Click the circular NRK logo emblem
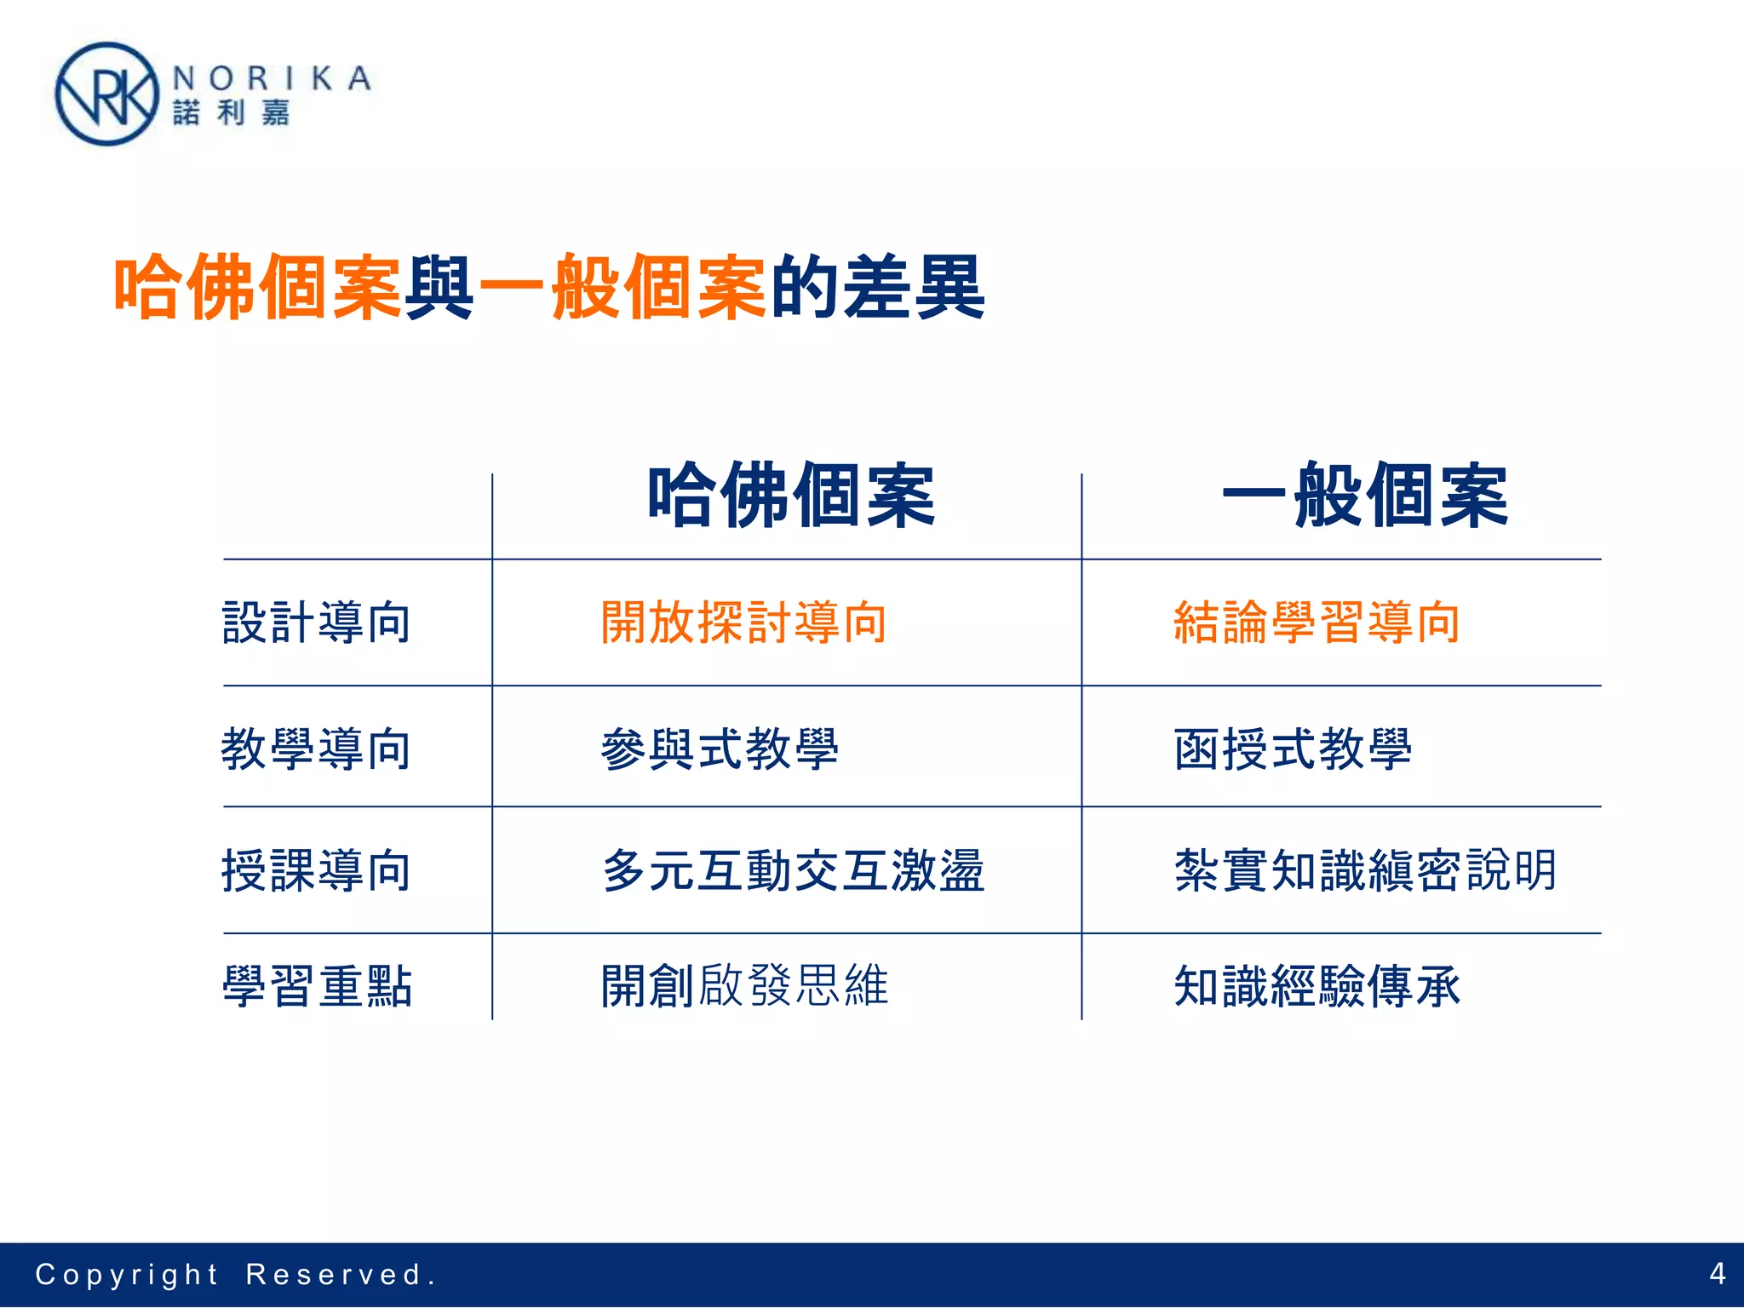[106, 95]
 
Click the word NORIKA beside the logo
[272, 78]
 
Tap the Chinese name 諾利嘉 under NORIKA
[232, 112]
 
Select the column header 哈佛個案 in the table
[791, 496]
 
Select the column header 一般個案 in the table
[1365, 496]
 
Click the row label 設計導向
[317, 622]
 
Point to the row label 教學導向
[317, 749]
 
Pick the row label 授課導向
[317, 870]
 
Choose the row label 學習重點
[317, 986]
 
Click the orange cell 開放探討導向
[743, 622]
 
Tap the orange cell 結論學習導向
[1317, 622]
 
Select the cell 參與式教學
[720, 749]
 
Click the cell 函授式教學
[1293, 749]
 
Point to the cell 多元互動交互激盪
[793, 870]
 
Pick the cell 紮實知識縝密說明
[1365, 870]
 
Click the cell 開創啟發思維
[744, 986]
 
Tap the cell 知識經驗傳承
[1317, 986]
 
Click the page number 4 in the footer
[1717, 1274]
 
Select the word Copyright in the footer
[127, 1275]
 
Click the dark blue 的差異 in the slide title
[878, 287]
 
